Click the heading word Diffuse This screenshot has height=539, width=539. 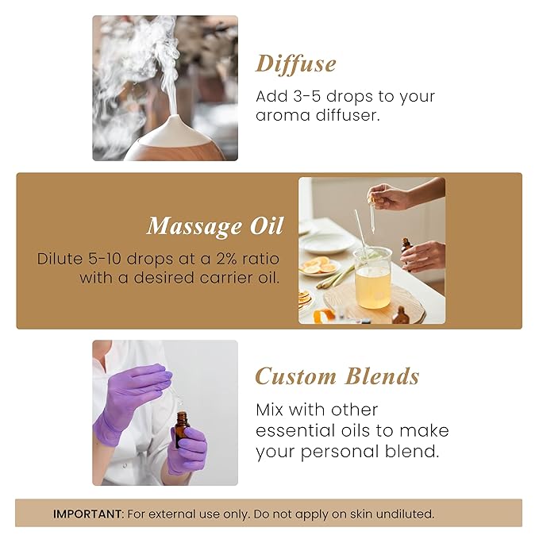click(x=295, y=64)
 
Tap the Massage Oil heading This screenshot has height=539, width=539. click(x=214, y=226)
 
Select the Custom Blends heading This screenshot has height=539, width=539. click(x=337, y=375)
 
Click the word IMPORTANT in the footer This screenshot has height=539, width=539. click(x=87, y=514)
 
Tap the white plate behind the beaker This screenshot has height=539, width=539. click(x=326, y=241)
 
